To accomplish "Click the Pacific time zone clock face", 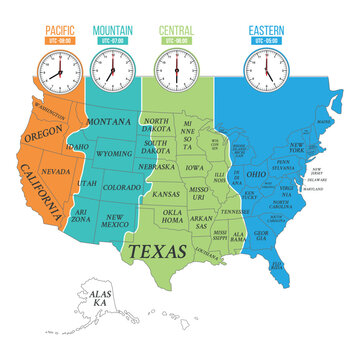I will pyautogui.click(x=56, y=69).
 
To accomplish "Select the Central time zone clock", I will pyautogui.click(x=176, y=69).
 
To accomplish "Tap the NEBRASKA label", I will pyautogui.click(x=164, y=168).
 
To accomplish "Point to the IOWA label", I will pyautogui.click(x=194, y=168).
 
